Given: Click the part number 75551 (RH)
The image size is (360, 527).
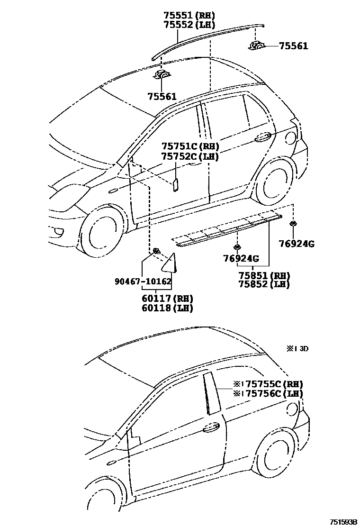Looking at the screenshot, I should [189, 15].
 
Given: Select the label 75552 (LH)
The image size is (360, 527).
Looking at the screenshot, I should [189, 24].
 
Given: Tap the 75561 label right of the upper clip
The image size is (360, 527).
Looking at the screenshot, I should [293, 46].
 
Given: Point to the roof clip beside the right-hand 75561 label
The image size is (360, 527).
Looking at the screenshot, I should [257, 45].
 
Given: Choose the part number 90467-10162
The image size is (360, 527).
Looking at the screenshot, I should [143, 281].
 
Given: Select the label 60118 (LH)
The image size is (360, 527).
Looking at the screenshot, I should [167, 308].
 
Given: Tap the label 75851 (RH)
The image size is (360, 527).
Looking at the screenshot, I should [264, 275].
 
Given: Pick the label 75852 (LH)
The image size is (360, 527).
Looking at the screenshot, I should [264, 284].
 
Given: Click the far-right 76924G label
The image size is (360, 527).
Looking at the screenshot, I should [297, 244].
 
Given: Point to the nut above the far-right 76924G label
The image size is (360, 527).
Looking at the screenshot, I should [293, 223].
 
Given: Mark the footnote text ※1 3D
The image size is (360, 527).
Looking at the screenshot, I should [297, 348].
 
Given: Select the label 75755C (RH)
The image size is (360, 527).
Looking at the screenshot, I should [268, 384].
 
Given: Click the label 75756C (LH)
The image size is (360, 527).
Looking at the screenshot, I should [268, 393].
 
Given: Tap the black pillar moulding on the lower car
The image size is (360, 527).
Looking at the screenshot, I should [209, 393].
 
